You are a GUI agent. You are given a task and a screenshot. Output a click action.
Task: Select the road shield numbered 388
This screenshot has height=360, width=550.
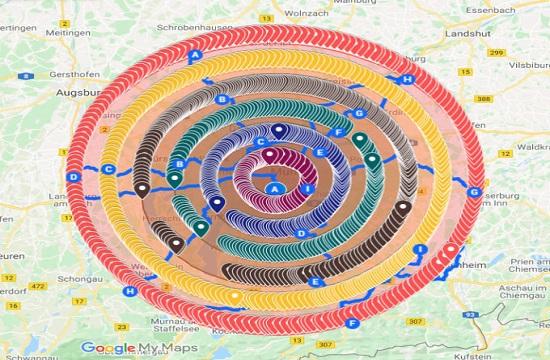pos(483,98)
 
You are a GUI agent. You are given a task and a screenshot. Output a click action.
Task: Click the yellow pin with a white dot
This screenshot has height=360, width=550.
pos(234,296)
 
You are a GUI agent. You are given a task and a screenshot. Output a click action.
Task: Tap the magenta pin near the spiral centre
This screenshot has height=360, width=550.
pos(268,154)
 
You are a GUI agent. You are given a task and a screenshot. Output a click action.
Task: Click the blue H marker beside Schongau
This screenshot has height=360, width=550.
pos(131,292)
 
